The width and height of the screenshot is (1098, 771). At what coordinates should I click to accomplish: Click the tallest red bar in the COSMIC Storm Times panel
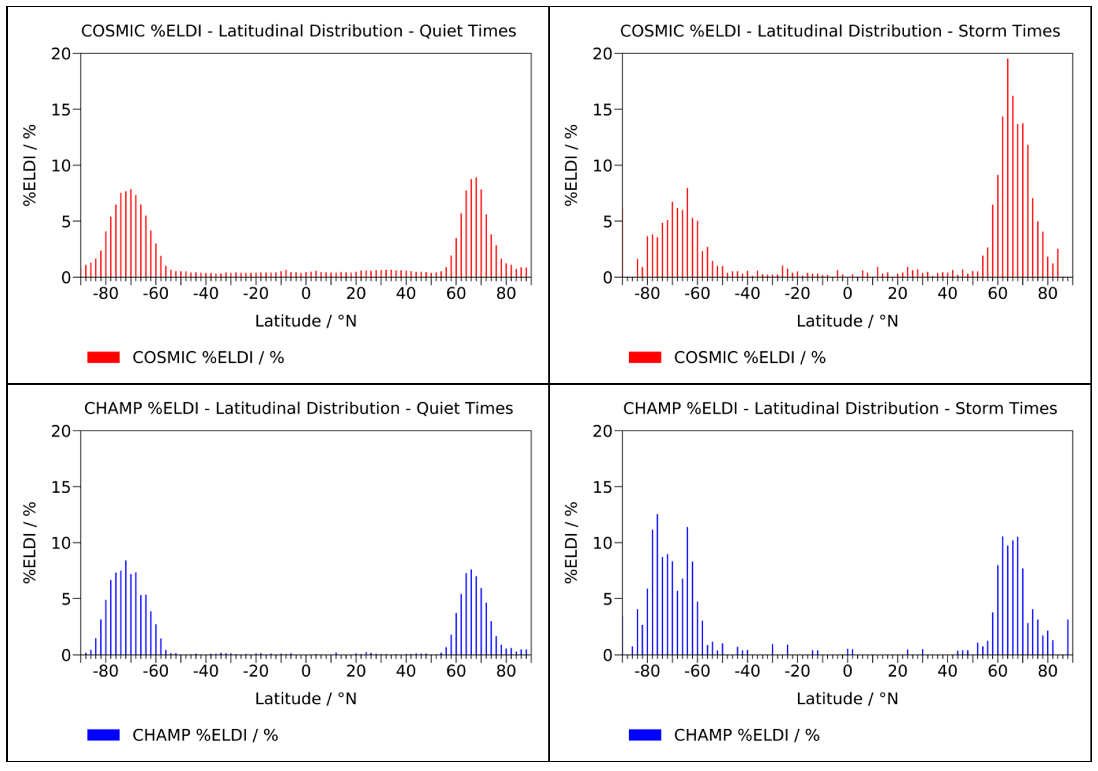[1008, 167]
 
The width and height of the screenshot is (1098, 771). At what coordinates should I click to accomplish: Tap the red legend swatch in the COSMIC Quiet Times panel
[103, 357]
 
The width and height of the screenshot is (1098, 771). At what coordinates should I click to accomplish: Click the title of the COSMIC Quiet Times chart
[299, 31]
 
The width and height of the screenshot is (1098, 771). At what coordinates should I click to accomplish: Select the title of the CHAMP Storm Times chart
[840, 408]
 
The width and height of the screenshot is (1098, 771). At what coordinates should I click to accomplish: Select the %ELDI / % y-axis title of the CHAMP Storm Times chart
[571, 542]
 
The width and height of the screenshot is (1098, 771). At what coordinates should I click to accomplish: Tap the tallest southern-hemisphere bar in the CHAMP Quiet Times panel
[126, 607]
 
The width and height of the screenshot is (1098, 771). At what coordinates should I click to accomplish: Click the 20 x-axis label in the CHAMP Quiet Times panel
[356, 671]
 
